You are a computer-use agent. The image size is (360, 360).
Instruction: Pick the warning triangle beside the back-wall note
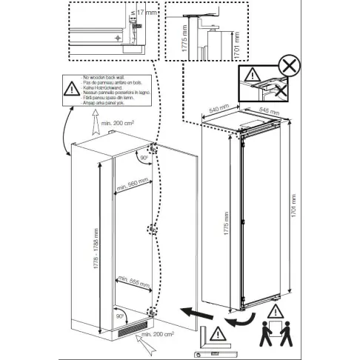[70, 87]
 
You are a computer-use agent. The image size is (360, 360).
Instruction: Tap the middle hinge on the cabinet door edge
[153, 230]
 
